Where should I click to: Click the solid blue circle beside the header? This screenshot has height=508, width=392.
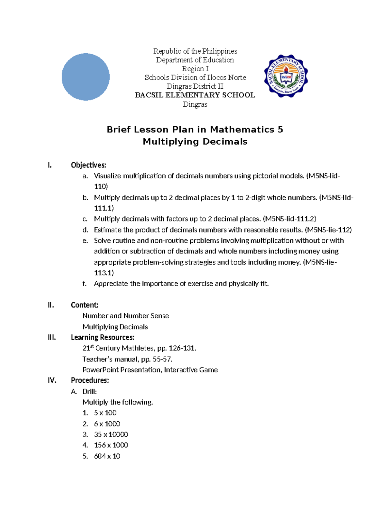86,77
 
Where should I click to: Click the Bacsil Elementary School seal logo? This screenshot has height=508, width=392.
286,76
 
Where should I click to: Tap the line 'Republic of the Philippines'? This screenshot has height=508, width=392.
195,51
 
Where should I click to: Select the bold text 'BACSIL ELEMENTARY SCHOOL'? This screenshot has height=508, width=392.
195,95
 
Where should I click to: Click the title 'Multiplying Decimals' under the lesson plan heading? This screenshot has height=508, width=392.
195,142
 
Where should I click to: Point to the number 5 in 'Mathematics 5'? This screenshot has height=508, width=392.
280,130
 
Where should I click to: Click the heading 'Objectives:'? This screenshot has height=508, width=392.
89,165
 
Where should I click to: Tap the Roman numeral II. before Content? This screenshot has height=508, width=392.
51,305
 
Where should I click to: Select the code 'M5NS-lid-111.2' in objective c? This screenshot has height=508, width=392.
289,219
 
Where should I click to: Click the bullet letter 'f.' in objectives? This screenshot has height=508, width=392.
85,284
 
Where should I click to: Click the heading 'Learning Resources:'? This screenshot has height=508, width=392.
103,337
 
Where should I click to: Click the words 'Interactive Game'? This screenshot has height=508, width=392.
191,370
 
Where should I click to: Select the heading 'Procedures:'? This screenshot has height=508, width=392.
90,380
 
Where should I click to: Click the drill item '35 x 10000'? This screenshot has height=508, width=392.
111,434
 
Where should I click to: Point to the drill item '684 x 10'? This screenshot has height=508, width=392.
107,456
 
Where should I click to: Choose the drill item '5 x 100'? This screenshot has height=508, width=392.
105,413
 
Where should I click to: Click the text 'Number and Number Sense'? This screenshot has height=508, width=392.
126,316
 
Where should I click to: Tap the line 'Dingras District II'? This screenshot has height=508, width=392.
195,86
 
